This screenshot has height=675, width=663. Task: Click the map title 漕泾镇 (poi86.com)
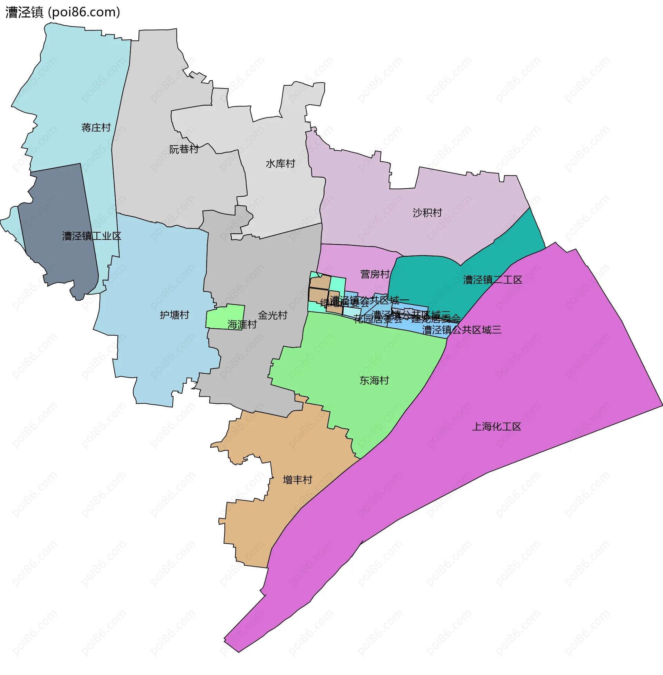pos(63,12)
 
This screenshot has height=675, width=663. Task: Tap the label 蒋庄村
pos(96,128)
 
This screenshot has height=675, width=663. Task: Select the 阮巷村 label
pos(184,149)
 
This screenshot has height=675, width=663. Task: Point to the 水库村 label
pos(280,163)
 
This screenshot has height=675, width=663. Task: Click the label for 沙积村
pos(427,213)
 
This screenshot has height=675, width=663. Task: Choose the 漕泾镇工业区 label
pos(92,236)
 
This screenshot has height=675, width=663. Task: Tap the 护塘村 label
pos(174,315)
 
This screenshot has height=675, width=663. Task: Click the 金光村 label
pos(273,315)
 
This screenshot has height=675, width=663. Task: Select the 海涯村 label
pos(242,325)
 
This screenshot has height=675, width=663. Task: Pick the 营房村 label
pos(375,274)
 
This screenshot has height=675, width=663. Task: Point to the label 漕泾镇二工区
pos(492,280)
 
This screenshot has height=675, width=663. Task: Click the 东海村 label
pos(374,381)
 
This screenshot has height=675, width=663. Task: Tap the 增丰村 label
pos(297,480)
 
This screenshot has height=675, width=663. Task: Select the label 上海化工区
pos(497,426)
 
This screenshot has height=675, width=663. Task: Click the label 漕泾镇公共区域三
pos(462,330)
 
